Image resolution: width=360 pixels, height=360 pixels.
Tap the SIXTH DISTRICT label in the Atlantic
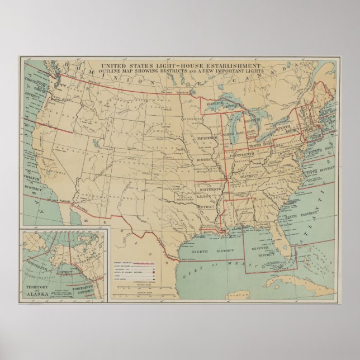[x=296, y=215]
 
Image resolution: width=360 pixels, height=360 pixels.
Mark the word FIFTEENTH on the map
[x=209, y=138]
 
